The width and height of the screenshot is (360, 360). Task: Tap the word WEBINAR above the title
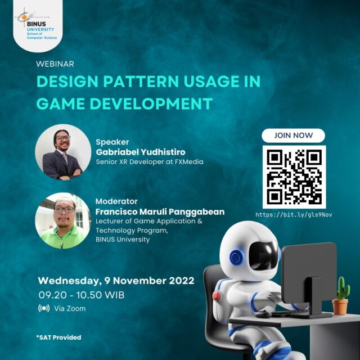point(55,64)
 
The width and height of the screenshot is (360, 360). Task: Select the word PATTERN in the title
point(141,81)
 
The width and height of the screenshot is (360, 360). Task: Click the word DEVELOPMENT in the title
point(151,103)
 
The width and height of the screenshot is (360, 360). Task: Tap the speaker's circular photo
point(63,152)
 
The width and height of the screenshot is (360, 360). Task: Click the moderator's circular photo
point(63,220)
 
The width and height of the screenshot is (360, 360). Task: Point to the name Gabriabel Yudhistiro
point(141,152)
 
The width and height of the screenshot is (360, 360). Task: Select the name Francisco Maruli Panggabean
point(160,211)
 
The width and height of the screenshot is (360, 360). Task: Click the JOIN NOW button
point(293,136)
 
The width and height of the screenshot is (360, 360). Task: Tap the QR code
point(294,177)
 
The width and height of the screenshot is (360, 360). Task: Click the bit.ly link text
point(294,215)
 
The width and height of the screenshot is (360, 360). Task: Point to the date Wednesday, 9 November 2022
point(116,281)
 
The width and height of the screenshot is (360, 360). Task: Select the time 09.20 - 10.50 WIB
point(81,295)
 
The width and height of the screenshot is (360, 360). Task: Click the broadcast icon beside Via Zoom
point(44,308)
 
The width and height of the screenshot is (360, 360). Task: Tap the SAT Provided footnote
point(58,337)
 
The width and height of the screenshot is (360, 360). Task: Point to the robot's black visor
point(263,255)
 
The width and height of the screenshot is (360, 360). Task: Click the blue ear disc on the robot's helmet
point(236,258)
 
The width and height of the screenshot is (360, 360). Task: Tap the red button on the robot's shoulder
point(216,296)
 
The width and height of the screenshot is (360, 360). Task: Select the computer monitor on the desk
point(309,278)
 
